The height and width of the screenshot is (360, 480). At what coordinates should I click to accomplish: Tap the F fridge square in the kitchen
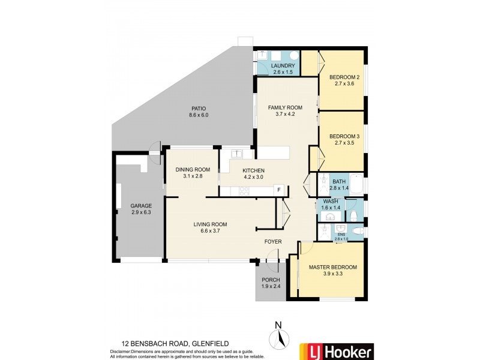278,190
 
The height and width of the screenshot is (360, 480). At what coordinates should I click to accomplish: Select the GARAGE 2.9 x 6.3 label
142,209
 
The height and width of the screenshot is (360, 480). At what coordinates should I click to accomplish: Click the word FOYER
273,242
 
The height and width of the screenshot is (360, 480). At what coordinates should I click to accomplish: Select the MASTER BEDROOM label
332,271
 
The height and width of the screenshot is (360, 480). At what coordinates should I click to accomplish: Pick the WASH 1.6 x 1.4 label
331,204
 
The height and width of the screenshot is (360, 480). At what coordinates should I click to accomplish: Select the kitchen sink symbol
237,154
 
